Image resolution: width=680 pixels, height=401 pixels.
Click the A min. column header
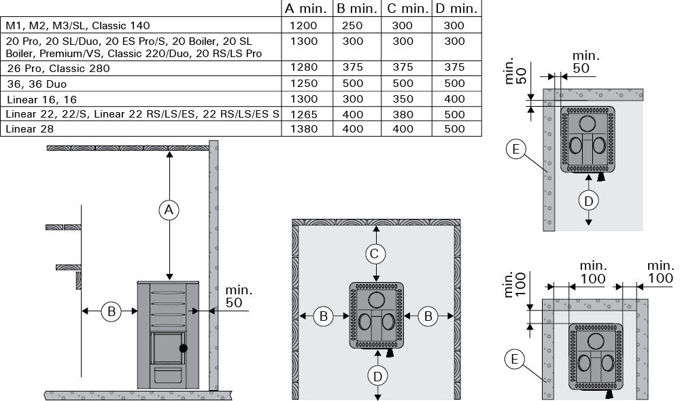305,8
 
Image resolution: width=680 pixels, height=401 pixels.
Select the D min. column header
456,8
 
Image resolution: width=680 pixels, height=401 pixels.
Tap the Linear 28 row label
31,128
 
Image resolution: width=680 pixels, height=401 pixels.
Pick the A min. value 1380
304,128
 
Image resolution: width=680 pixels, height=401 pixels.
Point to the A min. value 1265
304,114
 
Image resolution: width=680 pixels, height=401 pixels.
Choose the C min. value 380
403,114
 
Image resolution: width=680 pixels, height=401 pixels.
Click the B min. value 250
352,26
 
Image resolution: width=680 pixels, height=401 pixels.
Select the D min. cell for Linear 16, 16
454,99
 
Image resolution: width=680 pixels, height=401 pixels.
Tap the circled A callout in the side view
169,210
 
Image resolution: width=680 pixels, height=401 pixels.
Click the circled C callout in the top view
375,254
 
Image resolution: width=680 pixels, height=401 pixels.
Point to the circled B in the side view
111,311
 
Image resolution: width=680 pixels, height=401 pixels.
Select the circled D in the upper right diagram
588,201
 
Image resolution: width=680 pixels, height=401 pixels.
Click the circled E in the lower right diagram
515,360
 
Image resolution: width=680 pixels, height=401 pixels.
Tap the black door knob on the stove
184,348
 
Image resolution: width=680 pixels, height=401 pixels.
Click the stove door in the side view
168,348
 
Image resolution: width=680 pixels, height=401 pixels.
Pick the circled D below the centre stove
377,377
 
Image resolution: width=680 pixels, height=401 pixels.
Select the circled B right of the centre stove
428,317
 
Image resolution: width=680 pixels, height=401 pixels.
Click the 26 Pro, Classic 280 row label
58,69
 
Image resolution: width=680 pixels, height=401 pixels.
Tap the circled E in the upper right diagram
515,149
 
